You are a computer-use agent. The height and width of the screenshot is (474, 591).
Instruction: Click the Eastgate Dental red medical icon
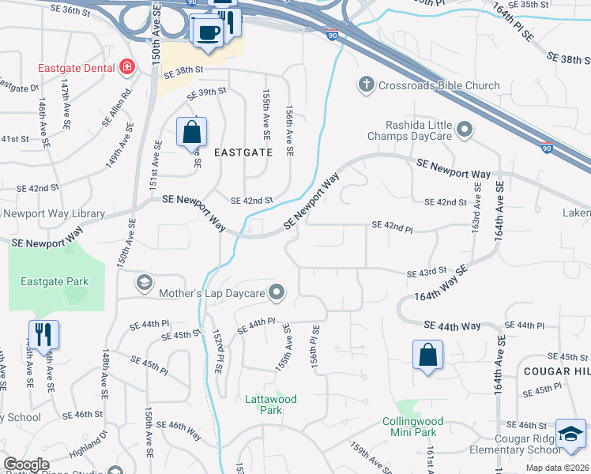point(126,68)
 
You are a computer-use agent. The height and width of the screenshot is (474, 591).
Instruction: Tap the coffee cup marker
point(208,32)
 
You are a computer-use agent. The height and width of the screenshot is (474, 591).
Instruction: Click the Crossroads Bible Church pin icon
point(365,85)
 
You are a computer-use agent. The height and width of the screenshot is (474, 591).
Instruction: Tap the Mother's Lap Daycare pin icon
point(277,294)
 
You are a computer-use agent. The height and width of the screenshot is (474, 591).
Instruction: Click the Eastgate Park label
point(55,281)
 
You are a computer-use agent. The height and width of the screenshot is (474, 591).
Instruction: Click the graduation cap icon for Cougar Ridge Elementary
point(570,434)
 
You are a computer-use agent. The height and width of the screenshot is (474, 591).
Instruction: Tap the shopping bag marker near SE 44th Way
point(427,355)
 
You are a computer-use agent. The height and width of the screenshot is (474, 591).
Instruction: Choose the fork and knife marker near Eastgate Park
point(43,334)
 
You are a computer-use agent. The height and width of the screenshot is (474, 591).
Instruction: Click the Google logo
point(26,465)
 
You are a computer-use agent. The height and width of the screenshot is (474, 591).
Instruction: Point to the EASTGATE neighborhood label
point(242,152)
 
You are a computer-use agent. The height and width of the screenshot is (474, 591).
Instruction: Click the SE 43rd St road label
point(427,274)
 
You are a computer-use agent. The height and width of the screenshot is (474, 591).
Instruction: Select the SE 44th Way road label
point(452,325)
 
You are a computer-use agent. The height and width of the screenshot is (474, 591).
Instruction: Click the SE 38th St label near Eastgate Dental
point(183,70)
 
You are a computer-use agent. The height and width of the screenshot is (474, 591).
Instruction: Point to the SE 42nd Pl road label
point(391,229)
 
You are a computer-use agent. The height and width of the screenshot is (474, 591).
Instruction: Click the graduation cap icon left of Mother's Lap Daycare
point(143,282)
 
